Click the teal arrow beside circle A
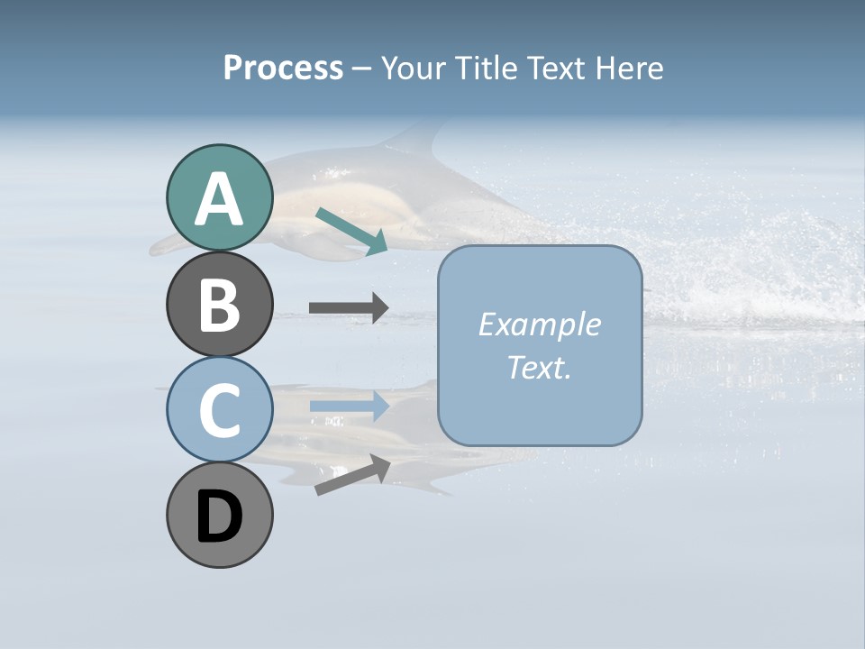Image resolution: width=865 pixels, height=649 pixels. point(351,231)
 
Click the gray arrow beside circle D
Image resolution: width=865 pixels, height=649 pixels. point(352,475)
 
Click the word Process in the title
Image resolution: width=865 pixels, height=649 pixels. point(283,69)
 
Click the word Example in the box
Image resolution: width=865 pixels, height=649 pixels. point(539,324)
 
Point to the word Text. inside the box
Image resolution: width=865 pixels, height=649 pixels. point(539,368)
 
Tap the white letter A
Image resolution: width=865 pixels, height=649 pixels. point(220,200)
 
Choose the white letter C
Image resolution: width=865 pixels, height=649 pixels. point(220,411)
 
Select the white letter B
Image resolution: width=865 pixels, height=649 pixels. point(220,306)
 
